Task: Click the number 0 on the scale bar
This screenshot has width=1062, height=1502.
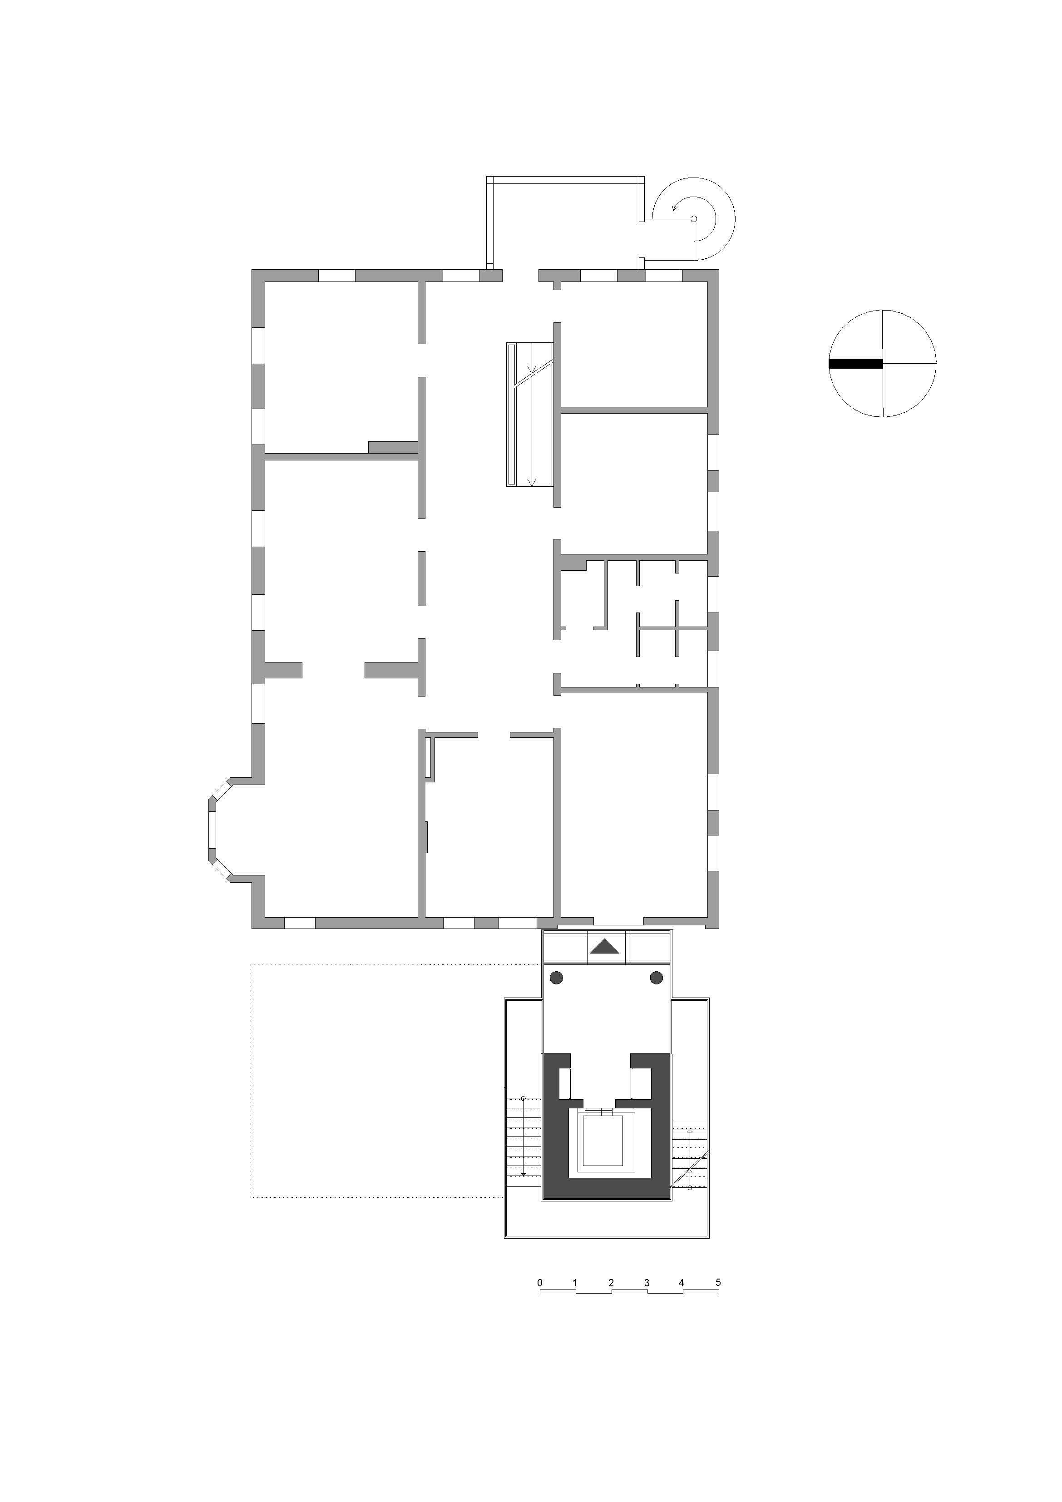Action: (x=540, y=1283)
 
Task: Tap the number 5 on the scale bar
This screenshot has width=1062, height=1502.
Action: (x=718, y=1282)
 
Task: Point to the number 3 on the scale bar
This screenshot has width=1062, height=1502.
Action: (x=647, y=1283)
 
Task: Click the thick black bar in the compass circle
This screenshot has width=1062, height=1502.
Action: (x=855, y=365)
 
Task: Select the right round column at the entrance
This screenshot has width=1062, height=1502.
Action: (x=656, y=978)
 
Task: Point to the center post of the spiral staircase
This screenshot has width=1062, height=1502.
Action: (x=694, y=220)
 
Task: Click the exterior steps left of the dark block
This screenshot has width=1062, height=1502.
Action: (x=524, y=1136)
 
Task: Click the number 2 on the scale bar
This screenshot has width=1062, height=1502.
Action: (x=611, y=1283)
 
